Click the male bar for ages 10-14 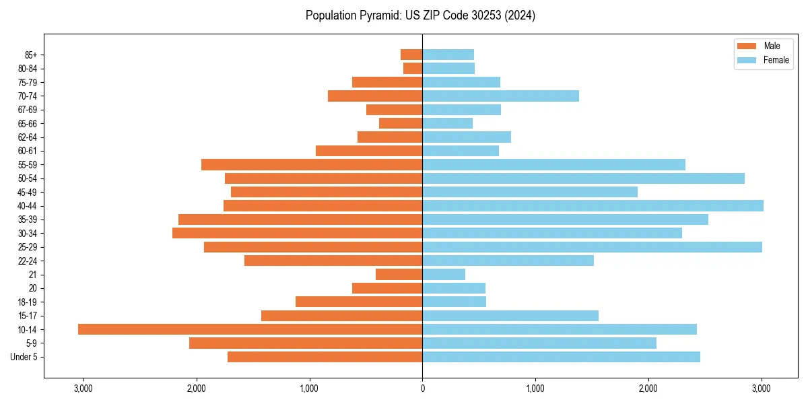tap(250, 329)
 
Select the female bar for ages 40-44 tap(593, 205)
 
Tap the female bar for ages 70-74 tap(500, 96)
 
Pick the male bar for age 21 tap(399, 274)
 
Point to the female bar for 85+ tap(448, 55)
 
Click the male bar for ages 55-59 tap(312, 164)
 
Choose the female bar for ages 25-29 tap(592, 247)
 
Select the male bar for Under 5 tap(325, 357)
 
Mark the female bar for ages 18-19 tap(454, 302)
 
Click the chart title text tap(420, 15)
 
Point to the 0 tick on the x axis tap(422, 389)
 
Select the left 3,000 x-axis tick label tap(83, 389)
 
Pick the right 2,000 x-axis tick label tap(648, 389)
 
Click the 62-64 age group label tap(28, 137)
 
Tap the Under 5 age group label tap(24, 357)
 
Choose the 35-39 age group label tap(28, 220)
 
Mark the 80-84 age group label tap(28, 69)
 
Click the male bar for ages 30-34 tap(297, 233)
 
